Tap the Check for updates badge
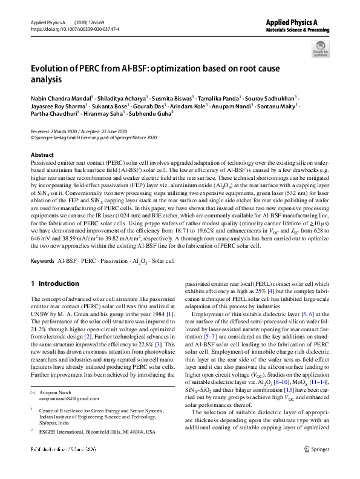[x=320, y=48]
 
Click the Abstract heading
[x=42, y=155]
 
